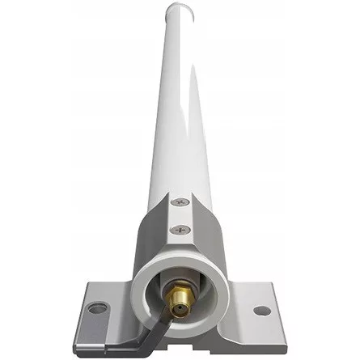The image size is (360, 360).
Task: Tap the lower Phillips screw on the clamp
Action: click(179, 230)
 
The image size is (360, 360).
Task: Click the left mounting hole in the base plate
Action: click(97, 307)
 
